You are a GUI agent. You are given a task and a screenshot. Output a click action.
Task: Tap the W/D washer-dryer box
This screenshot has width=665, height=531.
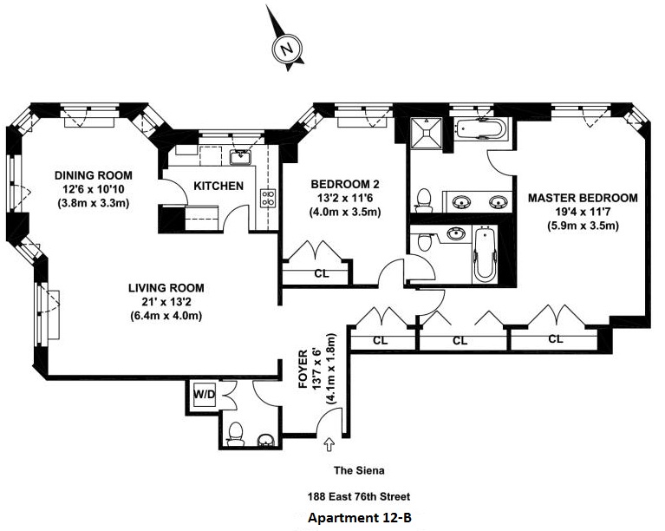tap(205, 395)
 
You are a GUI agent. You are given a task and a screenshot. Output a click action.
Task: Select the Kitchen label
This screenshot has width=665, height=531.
tap(218, 186)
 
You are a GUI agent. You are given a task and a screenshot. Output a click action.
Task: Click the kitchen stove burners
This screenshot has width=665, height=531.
tap(268, 198)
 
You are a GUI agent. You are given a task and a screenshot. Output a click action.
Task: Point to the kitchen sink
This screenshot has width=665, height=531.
tap(241, 157)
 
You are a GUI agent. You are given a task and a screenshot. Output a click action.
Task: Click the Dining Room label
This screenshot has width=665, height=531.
tap(94, 175)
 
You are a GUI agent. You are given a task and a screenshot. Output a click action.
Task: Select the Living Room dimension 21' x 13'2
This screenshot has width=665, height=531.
tap(166, 302)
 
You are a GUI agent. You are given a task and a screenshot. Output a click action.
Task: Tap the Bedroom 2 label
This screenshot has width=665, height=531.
tap(345, 184)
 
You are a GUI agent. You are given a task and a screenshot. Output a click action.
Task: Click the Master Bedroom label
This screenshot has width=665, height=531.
tap(583, 198)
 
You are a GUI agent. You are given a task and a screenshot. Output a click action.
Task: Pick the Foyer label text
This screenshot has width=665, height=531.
tap(303, 369)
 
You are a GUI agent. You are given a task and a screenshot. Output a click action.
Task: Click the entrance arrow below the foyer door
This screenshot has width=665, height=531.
tap(329, 444)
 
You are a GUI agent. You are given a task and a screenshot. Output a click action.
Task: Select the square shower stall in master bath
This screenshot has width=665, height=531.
tap(426, 133)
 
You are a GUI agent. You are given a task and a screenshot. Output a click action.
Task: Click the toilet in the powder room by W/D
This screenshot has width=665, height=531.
tap(236, 435)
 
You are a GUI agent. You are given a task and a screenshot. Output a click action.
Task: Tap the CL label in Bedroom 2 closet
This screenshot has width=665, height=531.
tap(322, 274)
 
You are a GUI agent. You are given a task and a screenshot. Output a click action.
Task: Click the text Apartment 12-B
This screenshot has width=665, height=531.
tap(360, 518)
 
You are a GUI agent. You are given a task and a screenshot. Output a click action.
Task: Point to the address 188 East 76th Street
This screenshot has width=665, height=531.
tap(359, 496)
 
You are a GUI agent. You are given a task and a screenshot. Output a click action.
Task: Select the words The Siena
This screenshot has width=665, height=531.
tap(359, 470)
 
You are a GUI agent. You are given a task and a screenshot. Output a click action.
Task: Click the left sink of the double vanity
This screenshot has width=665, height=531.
tap(460, 201)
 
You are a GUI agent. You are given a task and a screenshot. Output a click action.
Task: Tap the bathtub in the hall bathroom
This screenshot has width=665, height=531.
tap(486, 254)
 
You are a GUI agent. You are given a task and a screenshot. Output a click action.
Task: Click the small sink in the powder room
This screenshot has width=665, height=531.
tap(266, 441)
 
